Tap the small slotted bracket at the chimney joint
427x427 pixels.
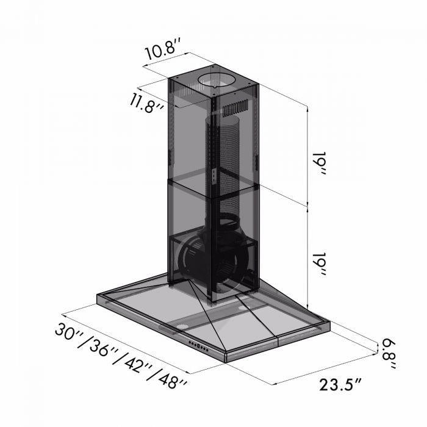[214, 178]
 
